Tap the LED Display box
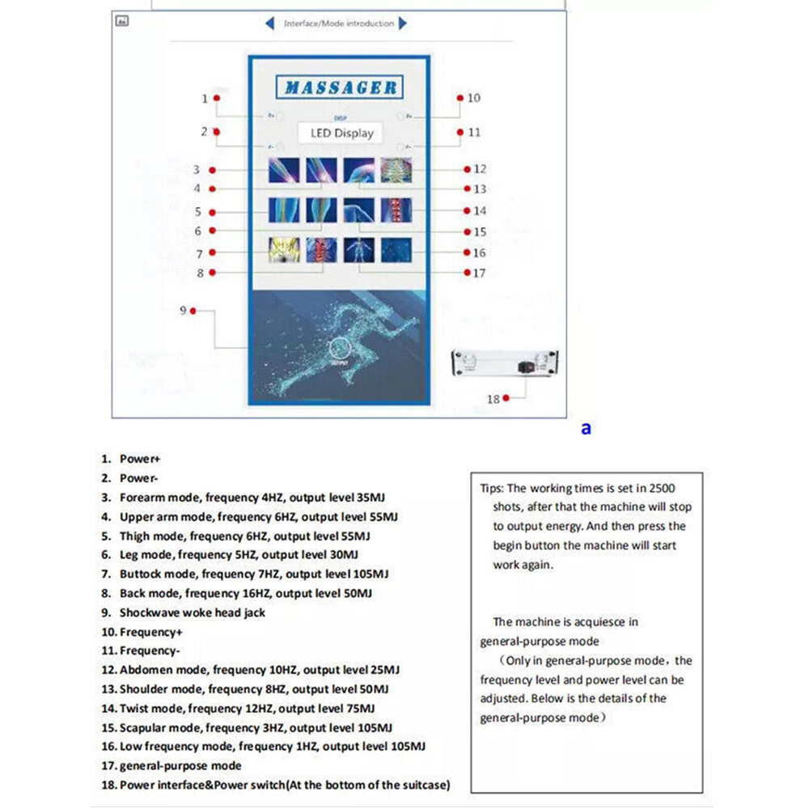point(341,133)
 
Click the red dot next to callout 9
point(193,311)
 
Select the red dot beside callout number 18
point(506,398)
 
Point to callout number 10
point(473,98)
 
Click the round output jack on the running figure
point(338,349)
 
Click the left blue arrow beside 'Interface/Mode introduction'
point(270,23)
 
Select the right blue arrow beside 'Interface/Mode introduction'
point(403,23)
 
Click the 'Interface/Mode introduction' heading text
point(338,23)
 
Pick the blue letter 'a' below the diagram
point(586,428)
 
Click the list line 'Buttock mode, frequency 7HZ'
point(254,574)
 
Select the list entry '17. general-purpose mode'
point(172,765)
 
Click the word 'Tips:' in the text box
point(492,488)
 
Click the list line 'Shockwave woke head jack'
point(192,612)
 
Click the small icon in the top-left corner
point(124,22)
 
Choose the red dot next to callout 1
point(216,99)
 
